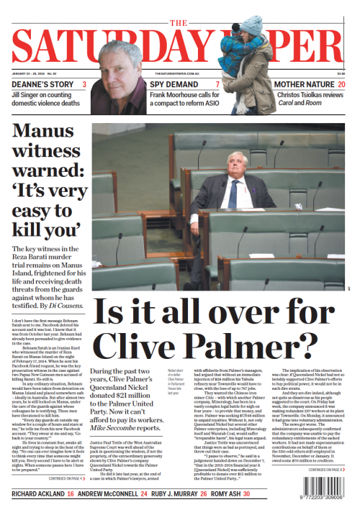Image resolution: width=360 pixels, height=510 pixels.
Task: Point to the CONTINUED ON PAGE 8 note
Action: point(329,470)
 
